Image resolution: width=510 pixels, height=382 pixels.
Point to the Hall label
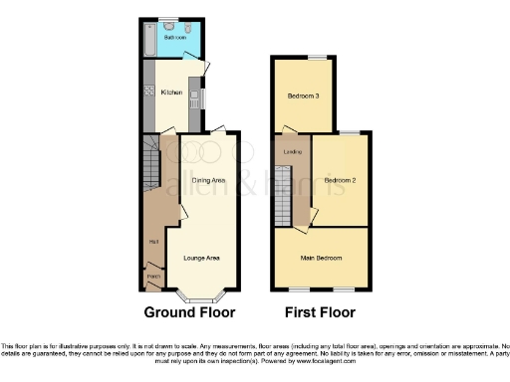tap(154, 242)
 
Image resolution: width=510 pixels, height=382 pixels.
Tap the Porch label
tap(152, 276)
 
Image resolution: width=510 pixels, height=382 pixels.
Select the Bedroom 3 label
tap(302, 96)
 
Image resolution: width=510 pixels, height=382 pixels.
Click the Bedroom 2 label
tap(340, 180)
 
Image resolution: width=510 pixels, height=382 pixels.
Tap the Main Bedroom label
tap(322, 258)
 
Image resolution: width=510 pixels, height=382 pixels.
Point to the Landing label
tap(292, 151)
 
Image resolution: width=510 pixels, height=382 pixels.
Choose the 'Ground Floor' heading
tap(190, 312)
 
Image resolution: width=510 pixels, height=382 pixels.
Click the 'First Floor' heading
tap(321, 312)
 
